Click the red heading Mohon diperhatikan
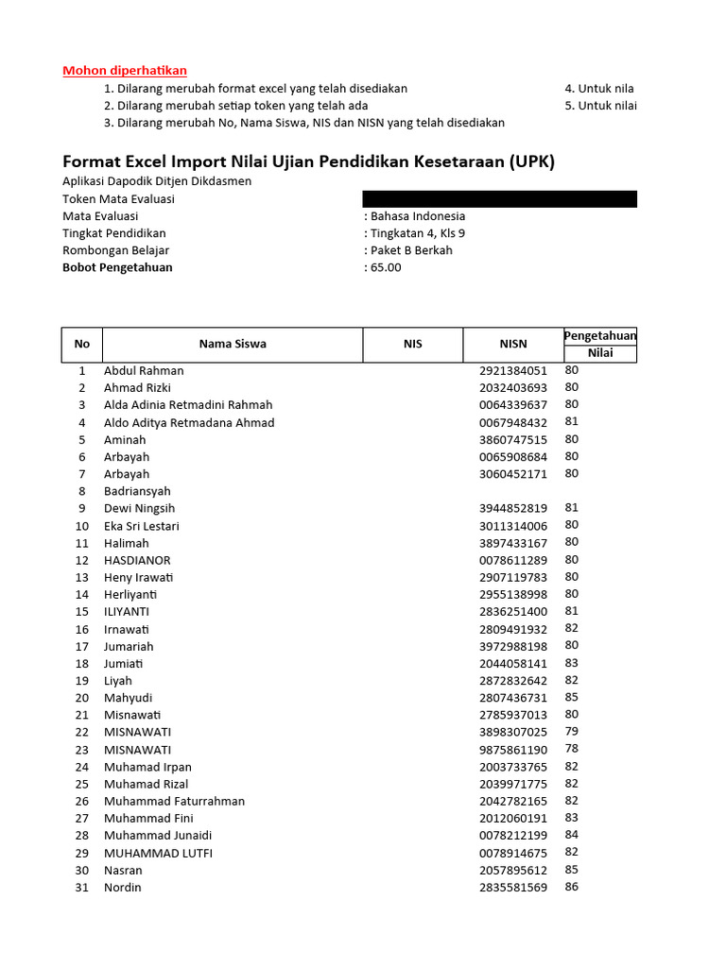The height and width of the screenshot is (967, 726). pos(125,70)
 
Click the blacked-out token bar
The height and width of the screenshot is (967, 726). pos(499,198)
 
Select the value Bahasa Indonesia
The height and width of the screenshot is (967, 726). pos(418,216)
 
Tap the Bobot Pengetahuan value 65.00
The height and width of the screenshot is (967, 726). pos(386,267)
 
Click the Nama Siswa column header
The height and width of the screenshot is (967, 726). pos(233,344)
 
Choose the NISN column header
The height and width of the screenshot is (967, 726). pos(513,344)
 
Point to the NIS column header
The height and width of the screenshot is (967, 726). pos(412,344)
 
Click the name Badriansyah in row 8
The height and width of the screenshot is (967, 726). pos(137,491)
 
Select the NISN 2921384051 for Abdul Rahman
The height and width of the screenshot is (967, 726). pos(513,371)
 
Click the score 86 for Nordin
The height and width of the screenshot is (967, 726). pos(572,887)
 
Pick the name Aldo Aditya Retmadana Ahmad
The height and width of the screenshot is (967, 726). pos(189,422)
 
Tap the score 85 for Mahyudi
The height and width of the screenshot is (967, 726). pos(572,698)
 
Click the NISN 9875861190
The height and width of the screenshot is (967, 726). pos(513,749)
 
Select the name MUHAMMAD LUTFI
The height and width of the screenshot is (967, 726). pos(158,853)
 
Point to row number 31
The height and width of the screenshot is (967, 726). pos(82,888)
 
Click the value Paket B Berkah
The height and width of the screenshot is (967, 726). pos(411,250)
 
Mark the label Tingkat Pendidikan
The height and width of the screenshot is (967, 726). pos(114,233)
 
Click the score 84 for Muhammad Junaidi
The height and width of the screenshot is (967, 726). pos(572,835)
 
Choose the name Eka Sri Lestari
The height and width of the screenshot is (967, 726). pos(142,526)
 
